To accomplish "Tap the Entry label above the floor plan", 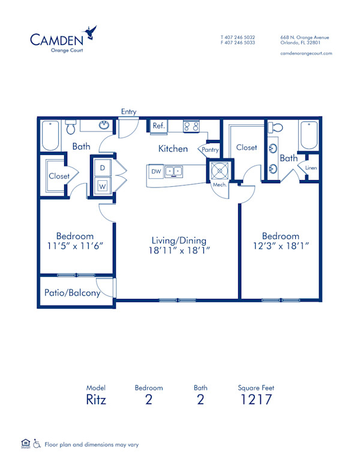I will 128,112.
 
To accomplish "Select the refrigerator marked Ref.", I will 158,126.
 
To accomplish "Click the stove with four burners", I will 191,126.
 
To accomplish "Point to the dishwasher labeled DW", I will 156,172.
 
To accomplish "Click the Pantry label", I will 210,150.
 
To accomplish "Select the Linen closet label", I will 311,168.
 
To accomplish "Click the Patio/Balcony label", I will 72,293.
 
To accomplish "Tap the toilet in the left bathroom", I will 70,128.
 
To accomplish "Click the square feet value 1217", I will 256,400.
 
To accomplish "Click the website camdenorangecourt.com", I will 306,53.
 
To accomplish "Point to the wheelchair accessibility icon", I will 37,444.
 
